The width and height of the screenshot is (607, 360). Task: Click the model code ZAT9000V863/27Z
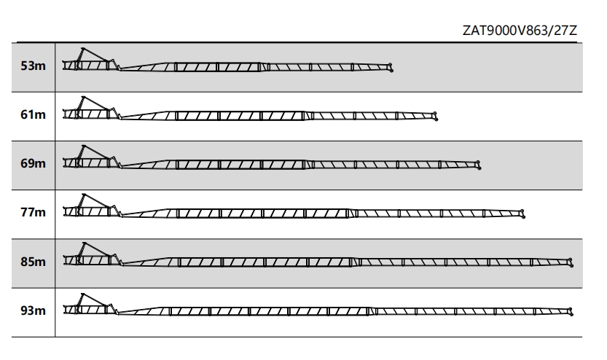(x=520, y=30)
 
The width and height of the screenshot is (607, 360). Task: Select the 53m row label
(x=33, y=66)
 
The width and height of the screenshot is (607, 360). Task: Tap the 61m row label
(x=33, y=114)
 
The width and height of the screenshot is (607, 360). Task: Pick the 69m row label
(x=33, y=163)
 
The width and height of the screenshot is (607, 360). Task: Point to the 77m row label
(x=33, y=212)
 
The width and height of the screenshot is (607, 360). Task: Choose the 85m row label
(x=33, y=262)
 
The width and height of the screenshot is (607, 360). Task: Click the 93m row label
(x=33, y=310)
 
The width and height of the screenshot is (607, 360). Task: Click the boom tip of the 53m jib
(x=391, y=67)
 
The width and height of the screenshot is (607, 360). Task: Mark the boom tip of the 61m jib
(x=436, y=116)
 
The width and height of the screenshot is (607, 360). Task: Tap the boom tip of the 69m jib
(x=479, y=165)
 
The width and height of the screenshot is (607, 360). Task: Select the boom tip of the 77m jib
(x=523, y=214)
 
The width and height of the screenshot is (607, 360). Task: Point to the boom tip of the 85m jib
(x=571, y=262)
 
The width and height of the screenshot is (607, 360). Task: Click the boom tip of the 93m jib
(x=571, y=312)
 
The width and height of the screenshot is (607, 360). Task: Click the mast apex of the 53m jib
(x=83, y=48)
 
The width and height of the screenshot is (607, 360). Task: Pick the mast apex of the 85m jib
(x=84, y=243)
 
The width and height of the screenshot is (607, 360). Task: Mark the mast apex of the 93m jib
(x=82, y=294)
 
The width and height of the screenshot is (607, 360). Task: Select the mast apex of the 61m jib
(x=83, y=97)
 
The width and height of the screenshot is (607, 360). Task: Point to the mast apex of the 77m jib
(x=84, y=195)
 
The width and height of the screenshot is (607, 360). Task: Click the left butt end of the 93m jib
(x=64, y=310)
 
